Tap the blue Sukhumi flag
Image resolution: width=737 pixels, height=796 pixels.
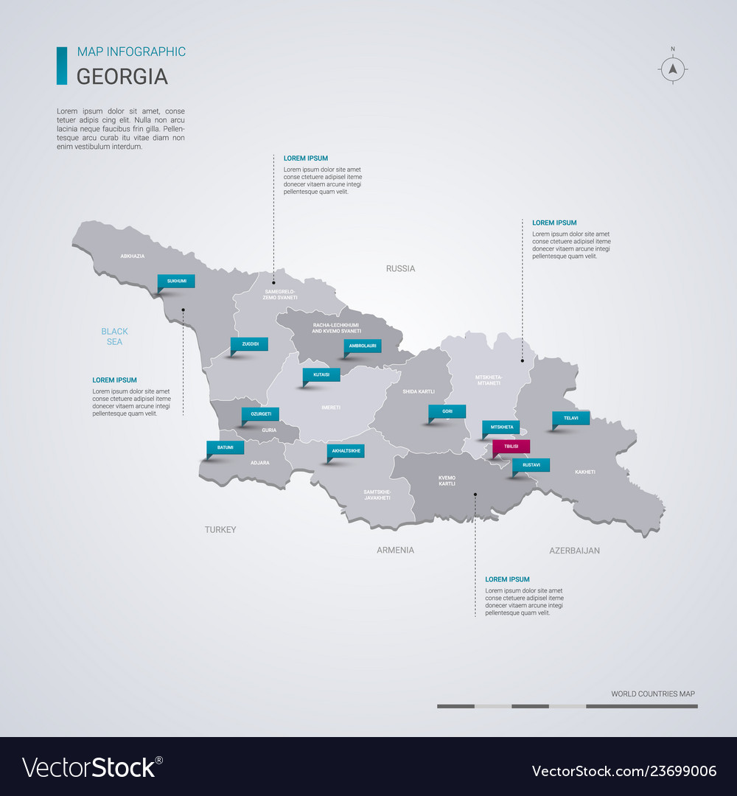[177, 281]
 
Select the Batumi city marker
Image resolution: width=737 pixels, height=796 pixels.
[225, 447]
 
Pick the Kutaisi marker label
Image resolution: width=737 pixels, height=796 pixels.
[321, 374]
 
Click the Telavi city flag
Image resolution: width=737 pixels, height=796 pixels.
[570, 418]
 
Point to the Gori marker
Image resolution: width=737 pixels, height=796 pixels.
[447, 412]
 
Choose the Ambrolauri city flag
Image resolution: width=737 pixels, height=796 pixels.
[363, 346]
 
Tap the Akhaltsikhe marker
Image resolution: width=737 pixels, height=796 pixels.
[346, 450]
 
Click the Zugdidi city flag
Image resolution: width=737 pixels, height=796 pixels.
[249, 344]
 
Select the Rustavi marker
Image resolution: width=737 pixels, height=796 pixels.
[531, 465]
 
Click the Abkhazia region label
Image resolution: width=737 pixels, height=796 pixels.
[132, 256]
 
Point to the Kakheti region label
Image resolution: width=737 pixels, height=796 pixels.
[585, 472]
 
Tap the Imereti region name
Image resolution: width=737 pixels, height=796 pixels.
[331, 407]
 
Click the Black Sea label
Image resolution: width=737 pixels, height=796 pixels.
[114, 336]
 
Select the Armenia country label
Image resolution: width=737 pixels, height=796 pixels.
[395, 550]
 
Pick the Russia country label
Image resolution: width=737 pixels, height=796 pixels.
[400, 268]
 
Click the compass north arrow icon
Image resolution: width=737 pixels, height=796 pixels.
[672, 69]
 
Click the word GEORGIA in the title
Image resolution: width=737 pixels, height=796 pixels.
[122, 77]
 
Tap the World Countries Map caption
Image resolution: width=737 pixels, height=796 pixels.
[652, 694]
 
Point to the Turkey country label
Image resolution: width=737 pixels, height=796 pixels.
[220, 529]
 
